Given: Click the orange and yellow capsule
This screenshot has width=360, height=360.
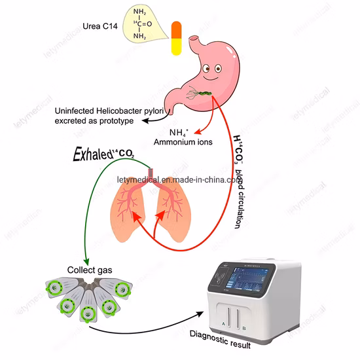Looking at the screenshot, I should pyautogui.click(x=175, y=39).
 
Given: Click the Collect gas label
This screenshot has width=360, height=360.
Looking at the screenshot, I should pyautogui.click(x=89, y=268).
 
